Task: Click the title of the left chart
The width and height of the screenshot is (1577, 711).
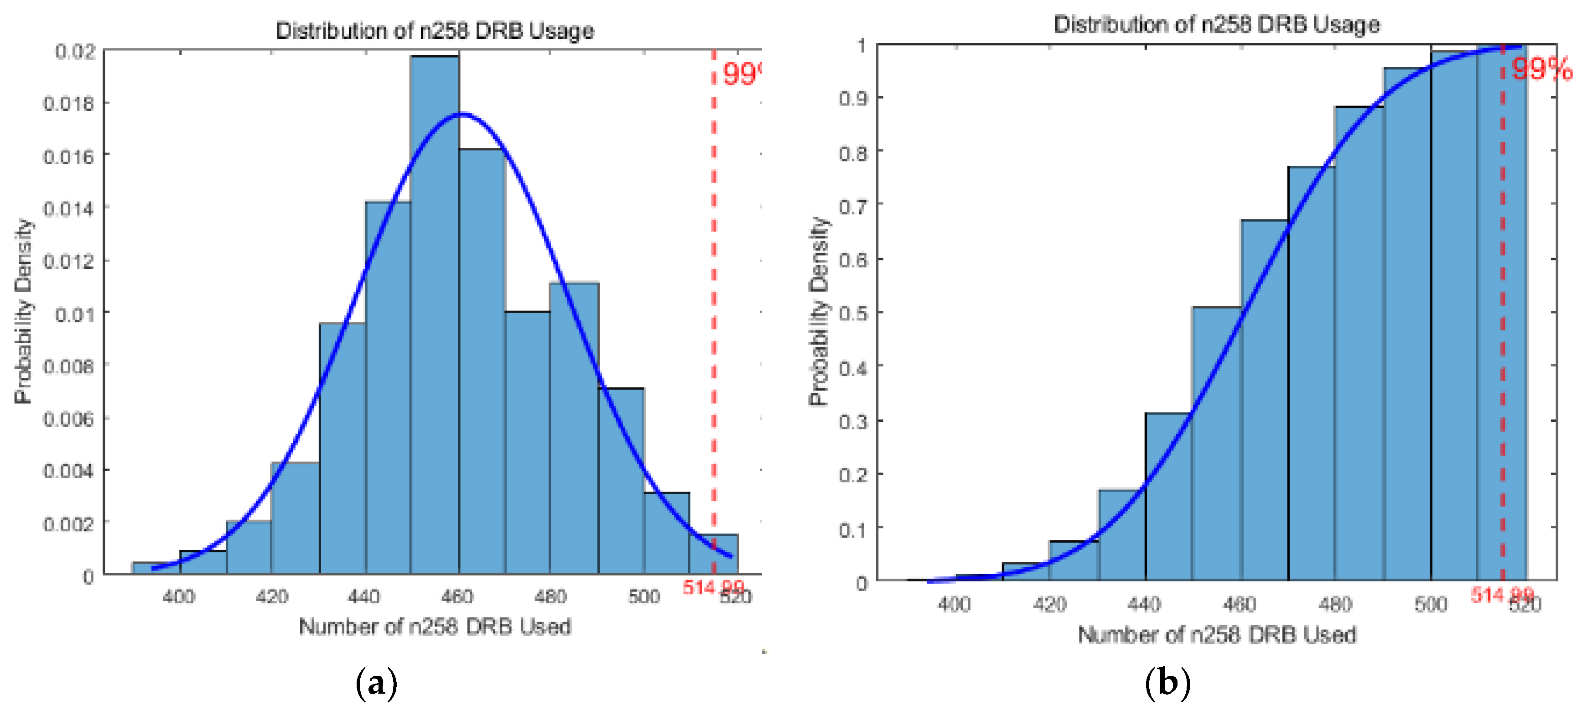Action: pos(434,31)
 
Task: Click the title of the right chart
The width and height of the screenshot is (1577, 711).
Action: pos(1216,25)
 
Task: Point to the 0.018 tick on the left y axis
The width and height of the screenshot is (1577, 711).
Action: pos(68,104)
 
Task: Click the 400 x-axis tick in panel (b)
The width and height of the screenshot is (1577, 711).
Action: pos(954,605)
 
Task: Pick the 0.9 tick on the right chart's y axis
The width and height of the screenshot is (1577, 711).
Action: pos(853,98)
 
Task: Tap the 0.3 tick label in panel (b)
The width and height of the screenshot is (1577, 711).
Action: pos(853,421)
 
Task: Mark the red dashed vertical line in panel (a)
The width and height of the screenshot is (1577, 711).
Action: pos(713,306)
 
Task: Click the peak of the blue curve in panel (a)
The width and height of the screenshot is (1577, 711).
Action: pos(463,114)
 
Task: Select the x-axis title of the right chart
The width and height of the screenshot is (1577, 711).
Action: pos(1216,634)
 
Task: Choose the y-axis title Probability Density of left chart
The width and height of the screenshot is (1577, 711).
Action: pos(23,311)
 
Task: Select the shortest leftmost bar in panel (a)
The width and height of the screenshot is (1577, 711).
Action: pos(156,568)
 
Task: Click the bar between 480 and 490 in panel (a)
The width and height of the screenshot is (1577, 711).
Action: pos(574,429)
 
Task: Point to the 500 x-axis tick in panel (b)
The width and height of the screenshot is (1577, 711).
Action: pos(1430,605)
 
